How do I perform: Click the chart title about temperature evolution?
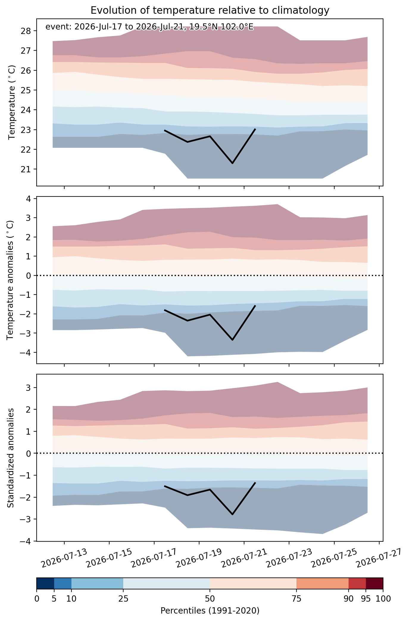click(x=210, y=10)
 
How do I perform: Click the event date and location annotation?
click(x=149, y=27)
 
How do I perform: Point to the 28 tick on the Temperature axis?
click(x=27, y=31)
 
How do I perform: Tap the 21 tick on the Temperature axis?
click(x=27, y=169)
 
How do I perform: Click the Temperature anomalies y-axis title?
click(x=10, y=280)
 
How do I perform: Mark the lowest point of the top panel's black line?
click(x=232, y=163)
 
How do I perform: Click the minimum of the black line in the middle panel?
click(x=232, y=340)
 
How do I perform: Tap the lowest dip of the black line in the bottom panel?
click(x=232, y=514)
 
